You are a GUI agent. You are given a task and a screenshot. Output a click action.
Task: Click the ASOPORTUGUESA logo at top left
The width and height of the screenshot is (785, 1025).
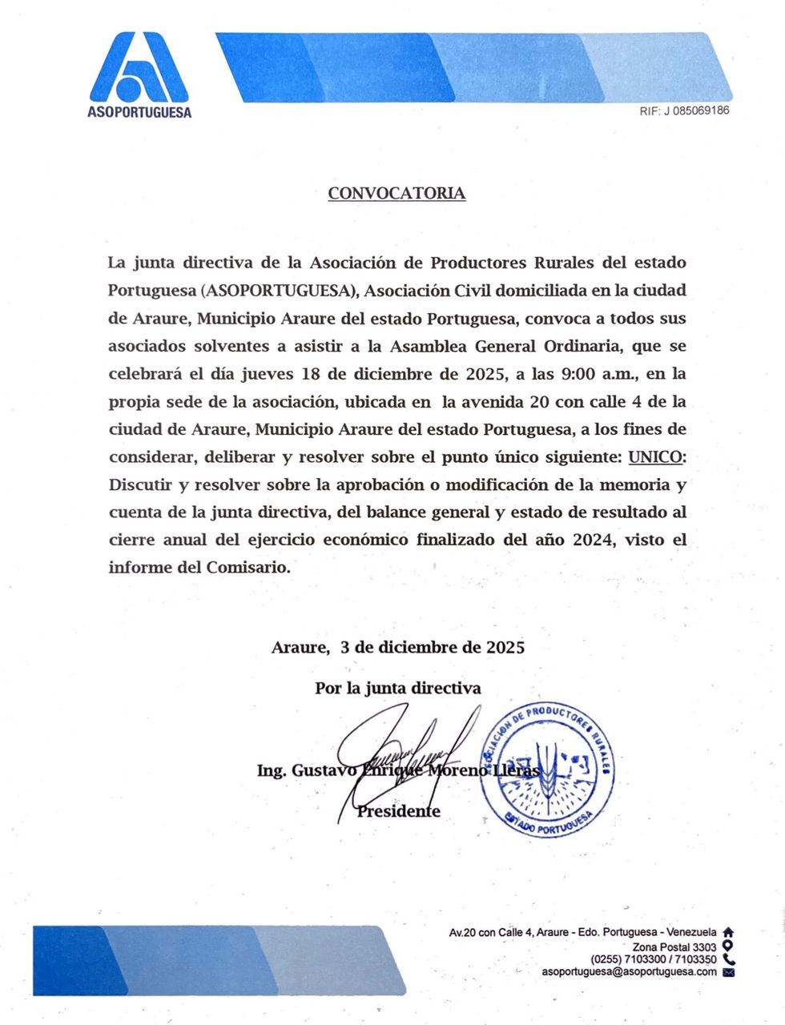coord(139,74)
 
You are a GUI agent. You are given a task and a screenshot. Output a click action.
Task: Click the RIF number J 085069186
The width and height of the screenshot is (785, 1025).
coord(684,111)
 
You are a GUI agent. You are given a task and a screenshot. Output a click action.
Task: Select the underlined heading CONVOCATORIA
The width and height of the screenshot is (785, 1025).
coord(397,193)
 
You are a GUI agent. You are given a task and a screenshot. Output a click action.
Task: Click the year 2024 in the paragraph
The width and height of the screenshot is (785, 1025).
coord(593,540)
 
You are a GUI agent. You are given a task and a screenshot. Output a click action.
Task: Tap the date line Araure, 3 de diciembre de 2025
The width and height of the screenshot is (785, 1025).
coord(398,647)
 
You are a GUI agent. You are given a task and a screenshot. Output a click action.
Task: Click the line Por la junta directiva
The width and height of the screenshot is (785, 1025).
coord(398,688)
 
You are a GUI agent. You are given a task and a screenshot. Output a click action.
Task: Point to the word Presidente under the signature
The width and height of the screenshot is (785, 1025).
coord(399,811)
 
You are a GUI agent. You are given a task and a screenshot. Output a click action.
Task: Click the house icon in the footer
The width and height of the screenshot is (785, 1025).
coord(728,932)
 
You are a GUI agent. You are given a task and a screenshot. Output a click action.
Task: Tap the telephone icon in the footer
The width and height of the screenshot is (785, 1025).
coord(728,959)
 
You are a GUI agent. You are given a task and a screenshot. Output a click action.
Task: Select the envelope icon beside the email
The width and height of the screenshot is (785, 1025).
coord(728,972)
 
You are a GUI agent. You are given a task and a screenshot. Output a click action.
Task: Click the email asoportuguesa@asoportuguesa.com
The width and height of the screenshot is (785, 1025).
coord(629,971)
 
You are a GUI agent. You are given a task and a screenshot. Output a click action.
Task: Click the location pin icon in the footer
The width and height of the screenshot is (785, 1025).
coord(728,945)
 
